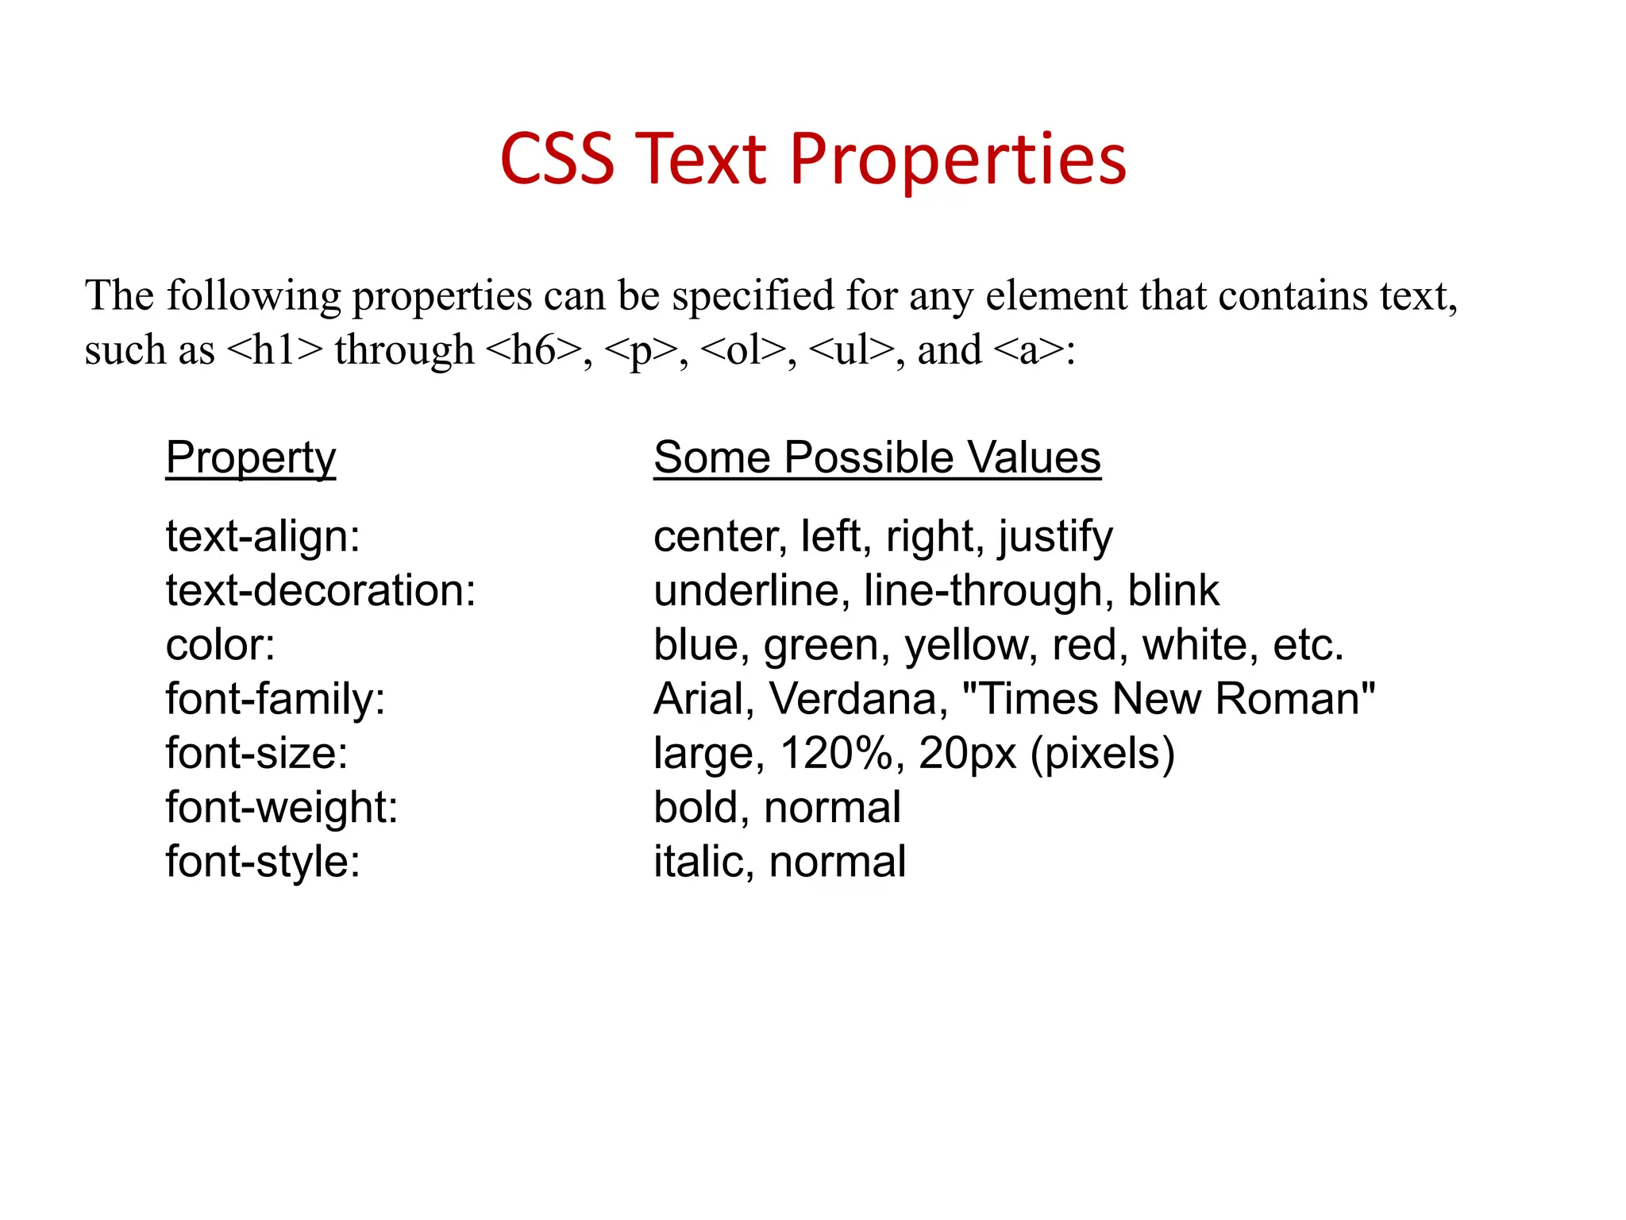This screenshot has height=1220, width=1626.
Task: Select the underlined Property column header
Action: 251,457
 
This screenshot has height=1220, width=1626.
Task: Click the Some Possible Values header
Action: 877,457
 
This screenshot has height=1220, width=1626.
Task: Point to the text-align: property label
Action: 263,537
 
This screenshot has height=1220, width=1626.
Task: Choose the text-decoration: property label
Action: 321,591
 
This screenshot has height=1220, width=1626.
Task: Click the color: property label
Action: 220,645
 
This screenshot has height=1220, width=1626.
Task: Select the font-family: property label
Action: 275,699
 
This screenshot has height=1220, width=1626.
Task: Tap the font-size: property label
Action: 256,753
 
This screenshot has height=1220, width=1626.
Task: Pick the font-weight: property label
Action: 282,807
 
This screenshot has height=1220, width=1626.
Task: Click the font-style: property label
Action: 263,861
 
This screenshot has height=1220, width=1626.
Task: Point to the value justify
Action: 1056,537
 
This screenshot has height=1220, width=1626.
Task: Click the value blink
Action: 1173,591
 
